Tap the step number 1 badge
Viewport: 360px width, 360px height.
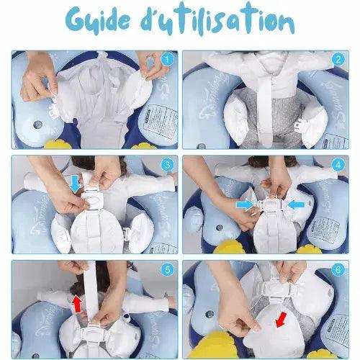coord(167,60)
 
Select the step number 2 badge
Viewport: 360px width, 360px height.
coord(338,60)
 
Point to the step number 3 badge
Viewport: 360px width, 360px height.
coord(167,165)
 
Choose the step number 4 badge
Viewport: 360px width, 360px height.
coord(338,165)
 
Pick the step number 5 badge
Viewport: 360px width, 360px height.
coord(167,270)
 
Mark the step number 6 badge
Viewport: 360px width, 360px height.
coord(338,270)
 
